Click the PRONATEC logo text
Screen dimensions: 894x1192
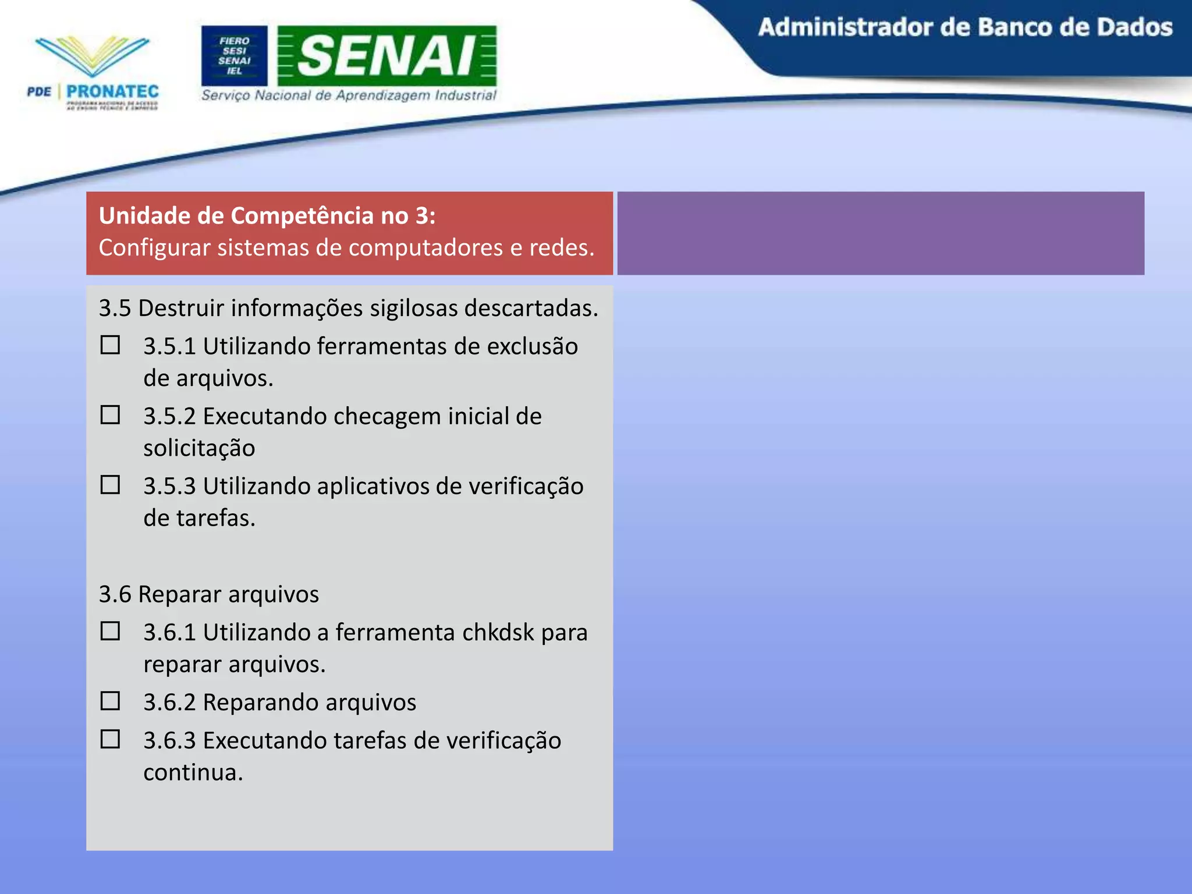point(112,91)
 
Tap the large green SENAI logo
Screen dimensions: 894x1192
point(387,56)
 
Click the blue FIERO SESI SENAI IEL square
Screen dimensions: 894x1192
point(235,56)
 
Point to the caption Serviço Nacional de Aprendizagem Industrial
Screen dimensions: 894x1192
point(349,95)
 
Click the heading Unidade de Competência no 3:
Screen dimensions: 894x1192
point(267,216)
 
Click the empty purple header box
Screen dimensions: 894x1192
point(881,233)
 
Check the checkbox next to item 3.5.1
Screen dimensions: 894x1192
point(110,345)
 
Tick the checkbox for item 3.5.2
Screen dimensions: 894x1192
point(110,415)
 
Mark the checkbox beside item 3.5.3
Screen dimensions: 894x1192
point(110,485)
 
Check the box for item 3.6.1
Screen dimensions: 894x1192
point(110,631)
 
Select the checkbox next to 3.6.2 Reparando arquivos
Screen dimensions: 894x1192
point(110,701)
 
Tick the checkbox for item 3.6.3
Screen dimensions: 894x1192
point(110,739)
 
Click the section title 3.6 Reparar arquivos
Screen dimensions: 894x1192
point(209,594)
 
